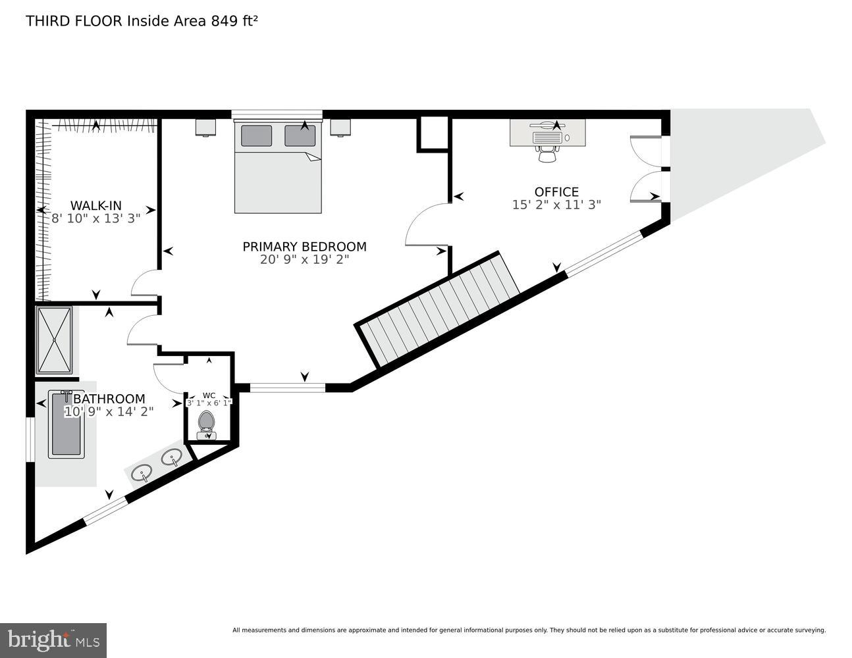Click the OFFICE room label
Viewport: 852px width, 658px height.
(556, 191)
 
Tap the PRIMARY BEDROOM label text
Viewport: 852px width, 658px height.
(304, 246)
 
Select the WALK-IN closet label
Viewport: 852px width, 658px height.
(96, 205)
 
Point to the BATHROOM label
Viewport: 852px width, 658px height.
(109, 399)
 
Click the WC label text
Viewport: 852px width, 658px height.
(209, 395)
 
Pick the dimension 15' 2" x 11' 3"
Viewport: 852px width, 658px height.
(556, 205)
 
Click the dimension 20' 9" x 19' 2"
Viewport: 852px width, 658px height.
(304, 259)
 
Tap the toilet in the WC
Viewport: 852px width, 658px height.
(207, 424)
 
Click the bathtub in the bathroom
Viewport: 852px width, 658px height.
(66, 424)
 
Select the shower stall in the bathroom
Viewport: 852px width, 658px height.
(54, 340)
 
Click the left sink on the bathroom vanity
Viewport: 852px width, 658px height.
(142, 472)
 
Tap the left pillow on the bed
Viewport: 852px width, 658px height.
(256, 136)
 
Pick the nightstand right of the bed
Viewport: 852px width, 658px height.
(340, 126)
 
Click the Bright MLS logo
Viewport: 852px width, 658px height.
(53, 640)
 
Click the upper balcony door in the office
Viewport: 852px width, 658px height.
(645, 148)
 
